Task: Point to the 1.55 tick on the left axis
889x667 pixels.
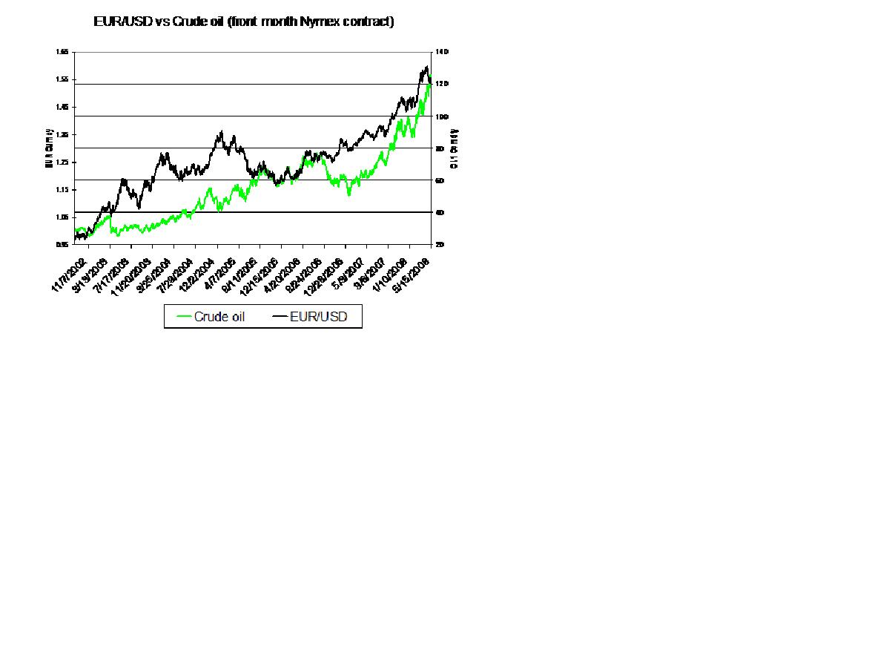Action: (x=62, y=79)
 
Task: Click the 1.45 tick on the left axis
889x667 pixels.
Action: (x=62, y=107)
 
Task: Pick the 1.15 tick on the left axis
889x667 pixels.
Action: (x=62, y=190)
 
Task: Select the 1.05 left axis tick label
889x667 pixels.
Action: (x=62, y=217)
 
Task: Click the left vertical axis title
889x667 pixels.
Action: (x=48, y=148)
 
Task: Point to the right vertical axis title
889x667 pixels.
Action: (x=455, y=148)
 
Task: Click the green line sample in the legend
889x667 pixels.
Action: (x=183, y=317)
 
